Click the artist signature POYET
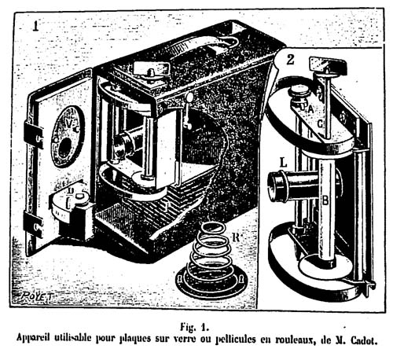pyautogui.click(x=36, y=296)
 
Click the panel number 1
pyautogui.click(x=35, y=27)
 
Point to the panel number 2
pyautogui.click(x=290, y=60)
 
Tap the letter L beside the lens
pyautogui.click(x=284, y=163)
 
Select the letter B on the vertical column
pyautogui.click(x=325, y=201)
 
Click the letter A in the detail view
pyautogui.click(x=310, y=109)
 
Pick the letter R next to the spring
pyautogui.click(x=236, y=237)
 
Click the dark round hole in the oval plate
pyautogui.click(x=64, y=147)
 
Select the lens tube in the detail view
pyautogui.click(x=293, y=185)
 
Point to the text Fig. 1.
pyautogui.click(x=194, y=327)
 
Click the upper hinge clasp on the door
pyautogui.click(x=34, y=134)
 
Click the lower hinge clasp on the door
pyautogui.click(x=33, y=225)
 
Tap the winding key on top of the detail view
pyautogui.click(x=328, y=64)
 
